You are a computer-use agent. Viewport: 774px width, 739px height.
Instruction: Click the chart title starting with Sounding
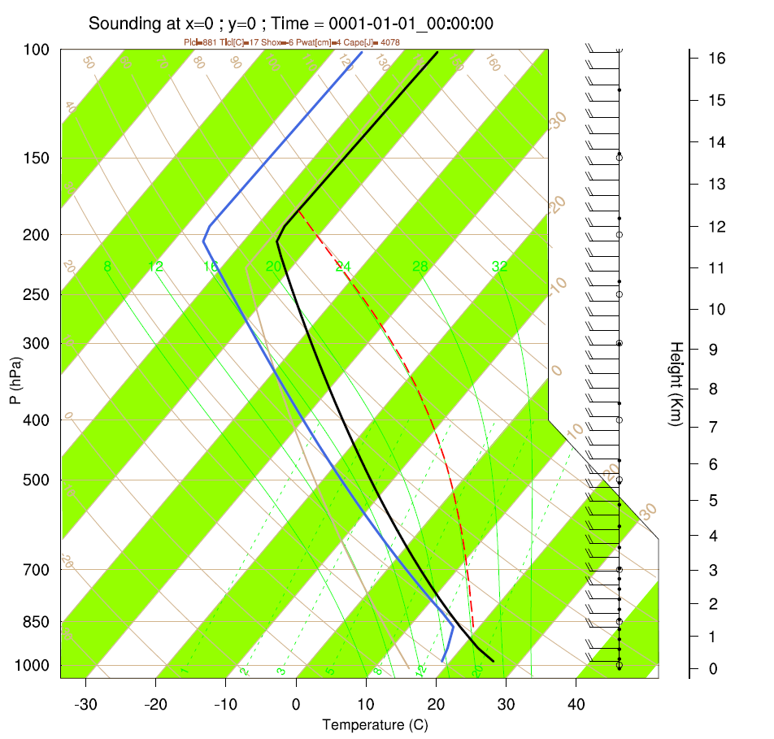click(290, 24)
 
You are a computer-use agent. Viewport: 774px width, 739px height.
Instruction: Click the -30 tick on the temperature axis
click(85, 703)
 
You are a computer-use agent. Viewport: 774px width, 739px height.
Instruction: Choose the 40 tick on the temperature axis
click(576, 703)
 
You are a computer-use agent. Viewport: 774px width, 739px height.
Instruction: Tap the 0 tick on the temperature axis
click(296, 703)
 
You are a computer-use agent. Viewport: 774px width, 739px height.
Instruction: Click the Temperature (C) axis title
click(375, 724)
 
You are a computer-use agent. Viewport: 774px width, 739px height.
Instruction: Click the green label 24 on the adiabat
click(343, 267)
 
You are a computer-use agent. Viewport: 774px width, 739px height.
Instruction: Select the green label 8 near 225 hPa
click(107, 267)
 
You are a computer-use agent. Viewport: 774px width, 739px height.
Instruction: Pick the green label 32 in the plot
click(500, 267)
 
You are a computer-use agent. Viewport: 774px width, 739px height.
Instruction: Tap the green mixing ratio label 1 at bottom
click(185, 671)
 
